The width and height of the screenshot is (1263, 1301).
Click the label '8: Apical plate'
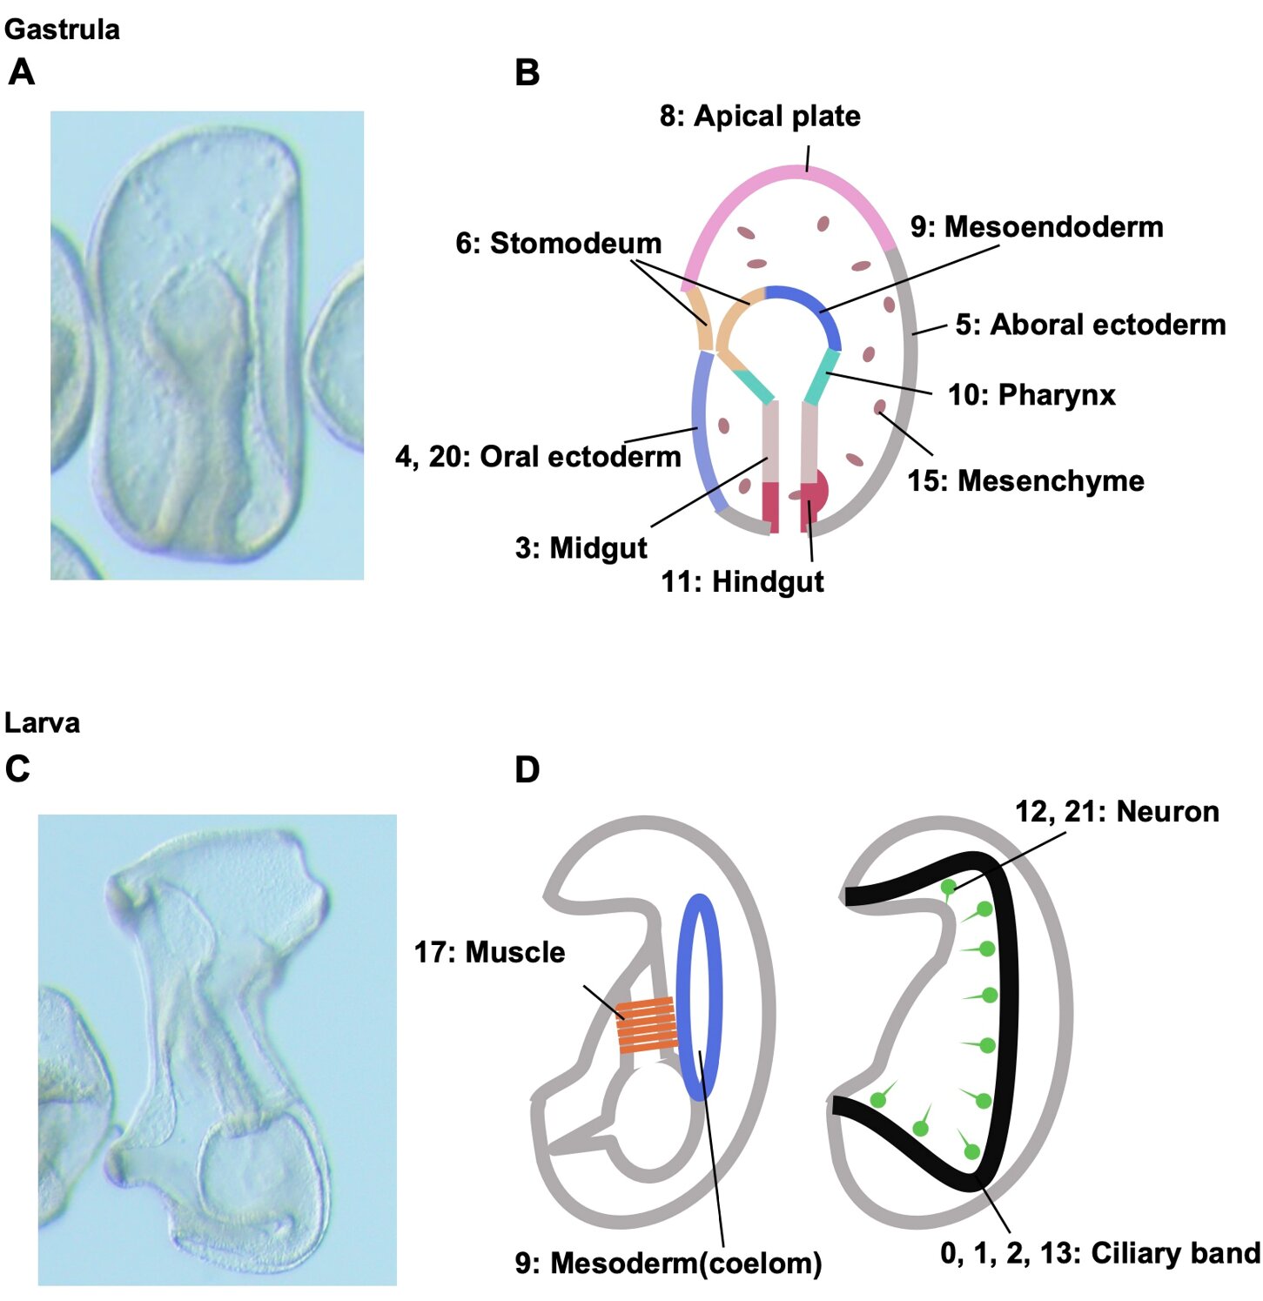point(759,116)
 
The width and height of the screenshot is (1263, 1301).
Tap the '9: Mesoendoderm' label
point(1036,227)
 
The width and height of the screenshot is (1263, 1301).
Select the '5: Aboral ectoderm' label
point(1090,325)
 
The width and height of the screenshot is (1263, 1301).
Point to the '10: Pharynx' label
point(1031,395)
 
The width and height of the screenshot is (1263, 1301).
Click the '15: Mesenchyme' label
point(1025,480)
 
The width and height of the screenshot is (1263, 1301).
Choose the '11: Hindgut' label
point(742,581)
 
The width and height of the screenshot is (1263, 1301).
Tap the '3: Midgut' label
point(581,548)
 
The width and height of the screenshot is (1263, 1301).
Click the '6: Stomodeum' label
point(558,244)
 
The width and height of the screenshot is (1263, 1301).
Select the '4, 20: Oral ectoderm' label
point(537,456)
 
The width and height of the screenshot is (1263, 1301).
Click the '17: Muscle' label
point(489,952)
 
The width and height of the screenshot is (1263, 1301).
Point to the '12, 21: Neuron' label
point(1116,812)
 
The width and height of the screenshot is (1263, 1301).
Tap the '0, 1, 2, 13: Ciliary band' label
point(1099,1253)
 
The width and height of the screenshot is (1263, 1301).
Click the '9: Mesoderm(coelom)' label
point(668,1263)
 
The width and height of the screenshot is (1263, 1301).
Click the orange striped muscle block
point(647,1025)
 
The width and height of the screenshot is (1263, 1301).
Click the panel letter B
point(527,73)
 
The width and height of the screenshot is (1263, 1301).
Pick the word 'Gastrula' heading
point(62,30)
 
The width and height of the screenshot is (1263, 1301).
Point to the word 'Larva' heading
point(42,722)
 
